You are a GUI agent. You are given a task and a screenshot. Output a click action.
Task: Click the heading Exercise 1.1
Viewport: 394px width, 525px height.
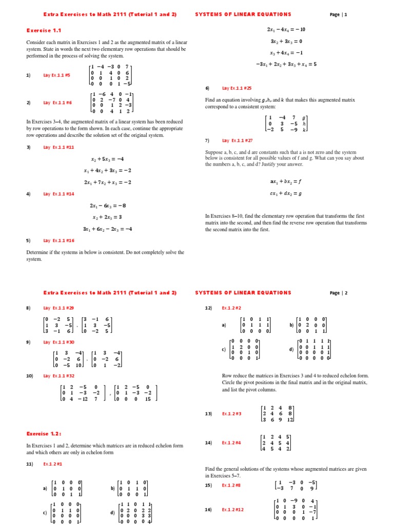pyautogui.click(x=40, y=30)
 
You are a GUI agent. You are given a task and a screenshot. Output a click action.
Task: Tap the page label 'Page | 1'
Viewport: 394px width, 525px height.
pyautogui.click(x=339, y=15)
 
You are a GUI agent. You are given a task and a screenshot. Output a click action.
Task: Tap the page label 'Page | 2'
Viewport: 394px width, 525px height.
pyautogui.click(x=339, y=293)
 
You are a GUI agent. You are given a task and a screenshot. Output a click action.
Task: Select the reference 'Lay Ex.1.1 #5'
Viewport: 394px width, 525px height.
pyautogui.click(x=57, y=75)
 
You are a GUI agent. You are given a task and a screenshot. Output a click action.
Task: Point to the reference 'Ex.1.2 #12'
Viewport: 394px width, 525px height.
pyautogui.click(x=233, y=510)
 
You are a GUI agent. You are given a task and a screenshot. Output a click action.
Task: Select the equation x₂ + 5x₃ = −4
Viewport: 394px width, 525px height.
pyautogui.click(x=108, y=158)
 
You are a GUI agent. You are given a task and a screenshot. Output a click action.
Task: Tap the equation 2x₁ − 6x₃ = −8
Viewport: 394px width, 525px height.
pyautogui.click(x=108, y=206)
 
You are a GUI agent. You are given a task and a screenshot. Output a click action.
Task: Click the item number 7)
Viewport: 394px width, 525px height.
pyautogui.click(x=207, y=140)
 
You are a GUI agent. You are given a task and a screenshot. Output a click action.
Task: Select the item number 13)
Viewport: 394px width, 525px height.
pyautogui.click(x=208, y=413)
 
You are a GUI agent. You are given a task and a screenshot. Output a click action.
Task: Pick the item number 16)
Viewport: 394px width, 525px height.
pyautogui.click(x=208, y=510)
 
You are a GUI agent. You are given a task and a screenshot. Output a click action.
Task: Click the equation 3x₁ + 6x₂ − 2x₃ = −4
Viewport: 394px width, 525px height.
pyautogui.click(x=108, y=229)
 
